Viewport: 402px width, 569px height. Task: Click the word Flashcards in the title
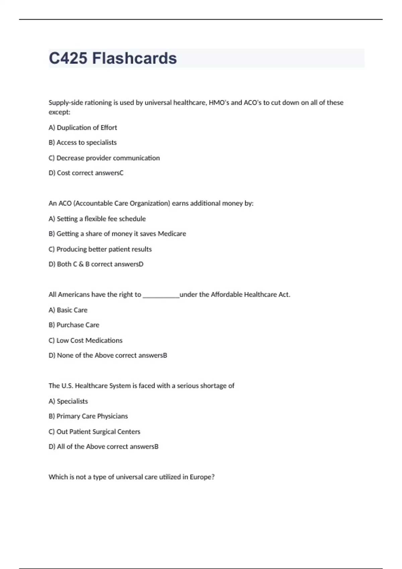134,58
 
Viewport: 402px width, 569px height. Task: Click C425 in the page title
68,58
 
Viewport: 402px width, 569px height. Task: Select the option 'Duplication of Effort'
86,128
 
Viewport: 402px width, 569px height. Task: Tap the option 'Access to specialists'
86,143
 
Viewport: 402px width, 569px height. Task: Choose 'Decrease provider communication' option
108,158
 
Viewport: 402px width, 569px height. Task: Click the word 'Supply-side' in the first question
66,103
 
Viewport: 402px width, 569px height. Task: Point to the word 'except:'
59,112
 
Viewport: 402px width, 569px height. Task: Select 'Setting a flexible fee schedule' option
101,219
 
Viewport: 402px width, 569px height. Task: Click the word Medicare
172,234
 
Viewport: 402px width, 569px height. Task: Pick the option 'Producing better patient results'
104,249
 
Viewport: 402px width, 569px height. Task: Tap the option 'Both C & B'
73,264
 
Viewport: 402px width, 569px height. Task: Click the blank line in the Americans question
161,295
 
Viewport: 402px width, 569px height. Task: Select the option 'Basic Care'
72,310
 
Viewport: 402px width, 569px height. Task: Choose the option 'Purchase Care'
78,325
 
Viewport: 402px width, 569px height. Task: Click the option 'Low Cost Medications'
89,340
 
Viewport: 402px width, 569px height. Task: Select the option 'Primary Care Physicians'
92,416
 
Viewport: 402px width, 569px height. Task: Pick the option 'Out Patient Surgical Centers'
98,432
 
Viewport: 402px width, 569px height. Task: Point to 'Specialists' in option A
72,401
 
